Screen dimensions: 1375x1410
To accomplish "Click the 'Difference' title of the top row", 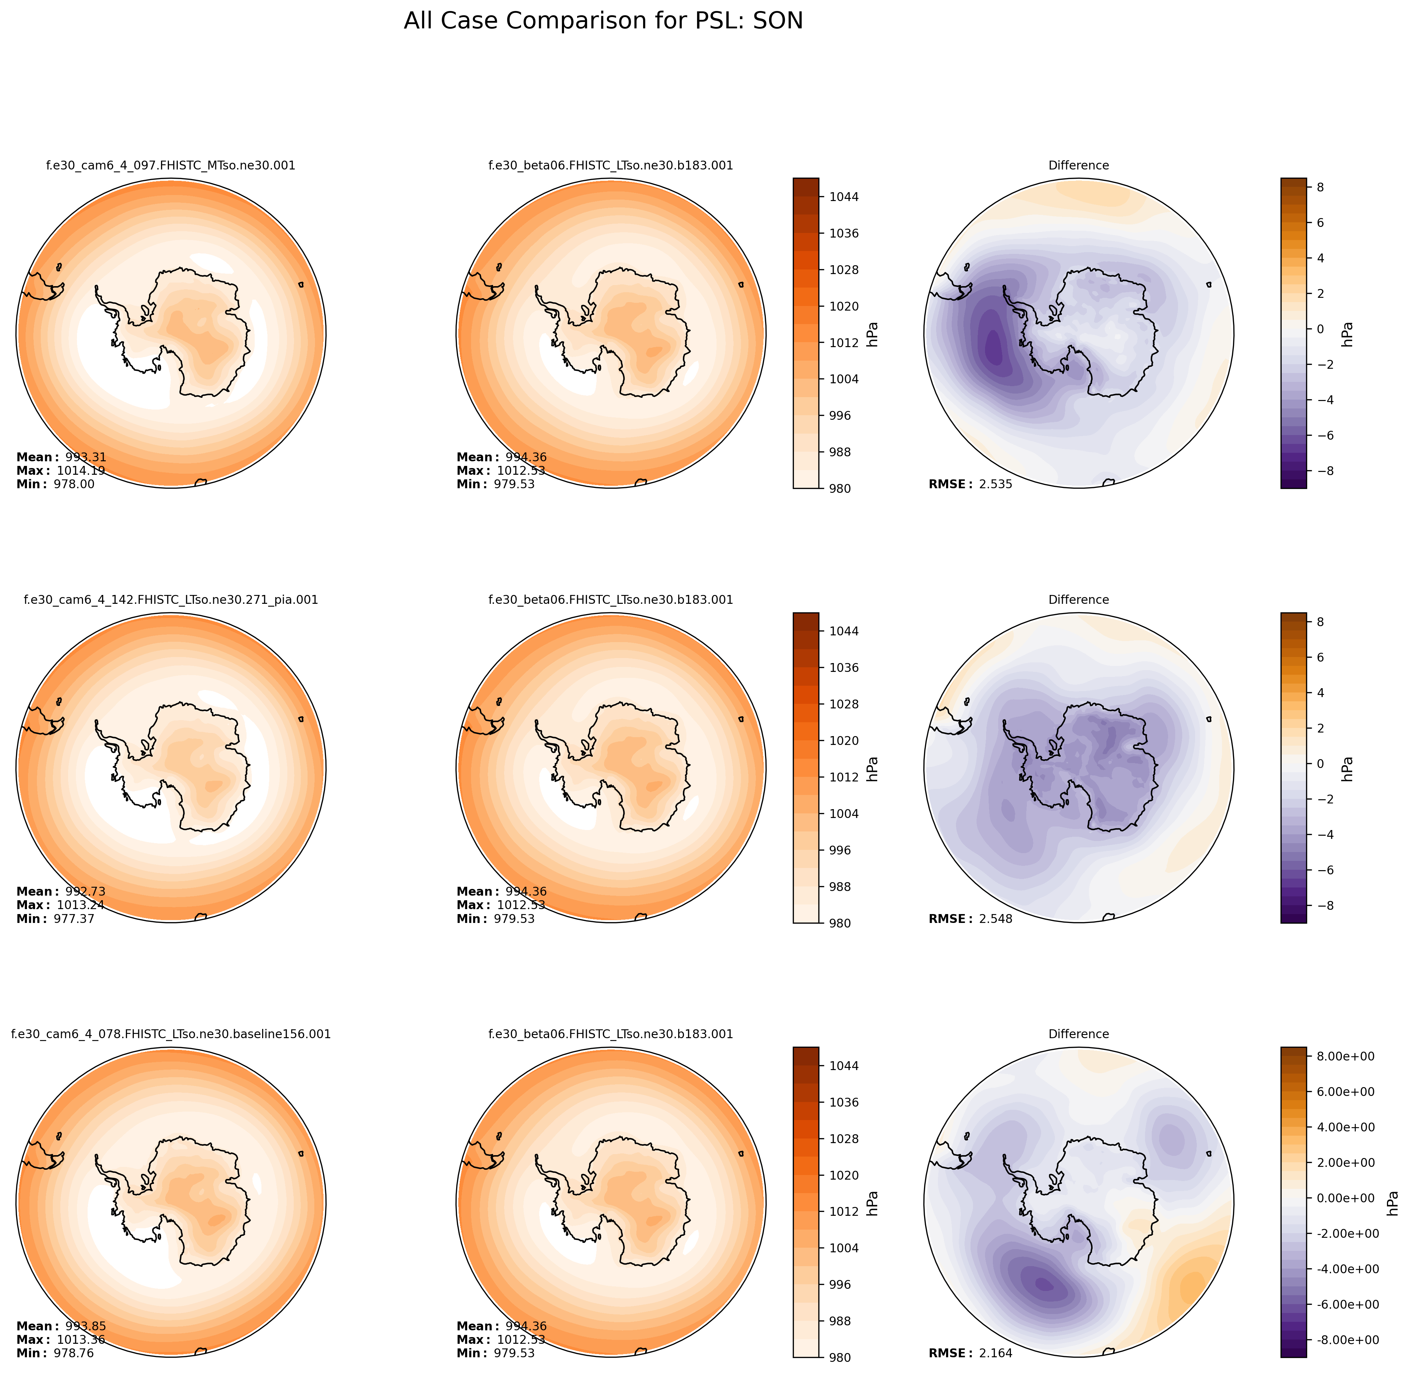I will click(1078, 165).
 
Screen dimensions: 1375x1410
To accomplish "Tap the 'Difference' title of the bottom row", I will click(1078, 1034).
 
